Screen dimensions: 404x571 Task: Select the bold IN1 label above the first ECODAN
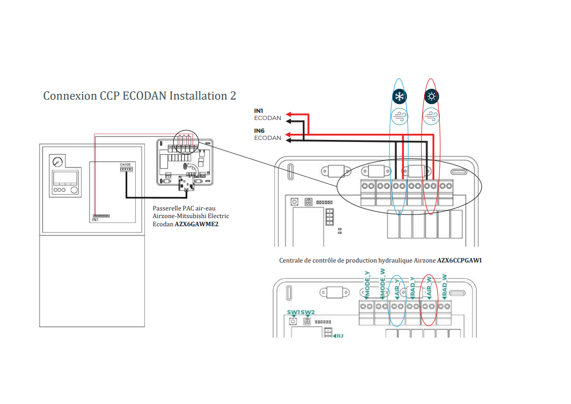pos(259,111)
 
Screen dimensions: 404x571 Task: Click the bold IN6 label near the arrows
pos(259,131)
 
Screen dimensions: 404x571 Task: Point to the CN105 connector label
pos(125,164)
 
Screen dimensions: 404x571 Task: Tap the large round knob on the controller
pos(75,191)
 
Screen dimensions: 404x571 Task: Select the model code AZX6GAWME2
pos(196,223)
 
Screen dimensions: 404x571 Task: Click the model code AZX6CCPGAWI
pos(459,260)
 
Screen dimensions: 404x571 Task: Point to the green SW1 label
pos(293,312)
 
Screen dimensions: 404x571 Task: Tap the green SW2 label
pos(308,312)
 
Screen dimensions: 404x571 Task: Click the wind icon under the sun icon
pos(432,115)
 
